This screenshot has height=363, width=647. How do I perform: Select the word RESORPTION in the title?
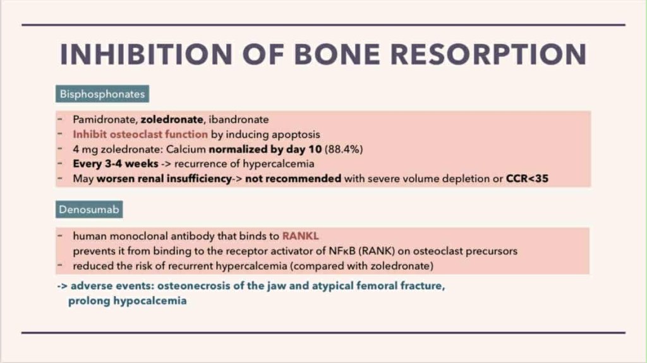(488, 54)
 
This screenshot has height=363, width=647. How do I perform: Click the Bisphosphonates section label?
(102, 94)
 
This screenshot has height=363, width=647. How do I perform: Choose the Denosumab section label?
(89, 210)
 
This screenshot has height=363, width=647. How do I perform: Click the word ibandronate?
(239, 119)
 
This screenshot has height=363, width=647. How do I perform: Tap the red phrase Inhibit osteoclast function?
(140, 134)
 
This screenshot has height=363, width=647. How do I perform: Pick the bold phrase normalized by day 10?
(265, 150)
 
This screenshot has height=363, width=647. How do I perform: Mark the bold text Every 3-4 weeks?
(116, 164)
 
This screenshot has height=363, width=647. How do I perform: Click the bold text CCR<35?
(528, 179)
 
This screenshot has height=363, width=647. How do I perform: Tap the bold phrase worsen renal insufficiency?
(164, 179)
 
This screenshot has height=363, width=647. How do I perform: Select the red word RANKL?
(300, 236)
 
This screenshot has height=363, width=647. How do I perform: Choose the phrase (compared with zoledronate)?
(362, 266)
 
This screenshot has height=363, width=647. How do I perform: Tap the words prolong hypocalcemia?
(128, 301)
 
